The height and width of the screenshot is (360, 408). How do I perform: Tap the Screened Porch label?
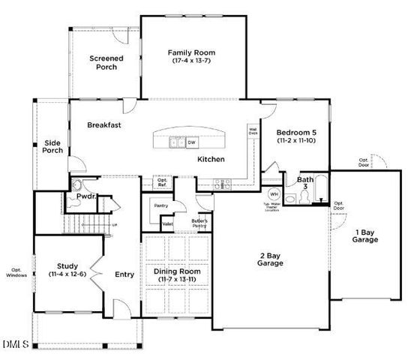point(106,62)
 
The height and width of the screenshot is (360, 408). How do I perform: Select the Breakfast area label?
point(104,125)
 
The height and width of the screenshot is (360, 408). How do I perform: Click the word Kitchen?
point(211,159)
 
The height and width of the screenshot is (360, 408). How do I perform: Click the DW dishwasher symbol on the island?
point(191,142)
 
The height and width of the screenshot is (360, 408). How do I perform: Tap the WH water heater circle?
point(273,194)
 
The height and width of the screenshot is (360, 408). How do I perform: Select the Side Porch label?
point(52,145)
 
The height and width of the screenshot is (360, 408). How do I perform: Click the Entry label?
point(124,274)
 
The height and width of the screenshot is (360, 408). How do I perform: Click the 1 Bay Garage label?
point(366,235)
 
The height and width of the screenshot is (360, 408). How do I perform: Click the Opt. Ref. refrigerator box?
point(162,181)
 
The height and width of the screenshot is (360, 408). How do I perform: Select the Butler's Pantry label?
point(199,223)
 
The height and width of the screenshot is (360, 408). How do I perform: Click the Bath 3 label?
point(305,184)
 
